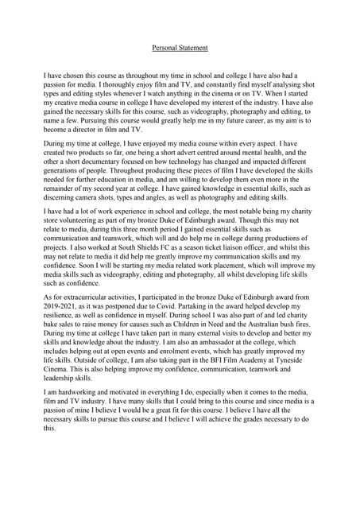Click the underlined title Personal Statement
click(x=180, y=48)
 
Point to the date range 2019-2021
click(x=63, y=304)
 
